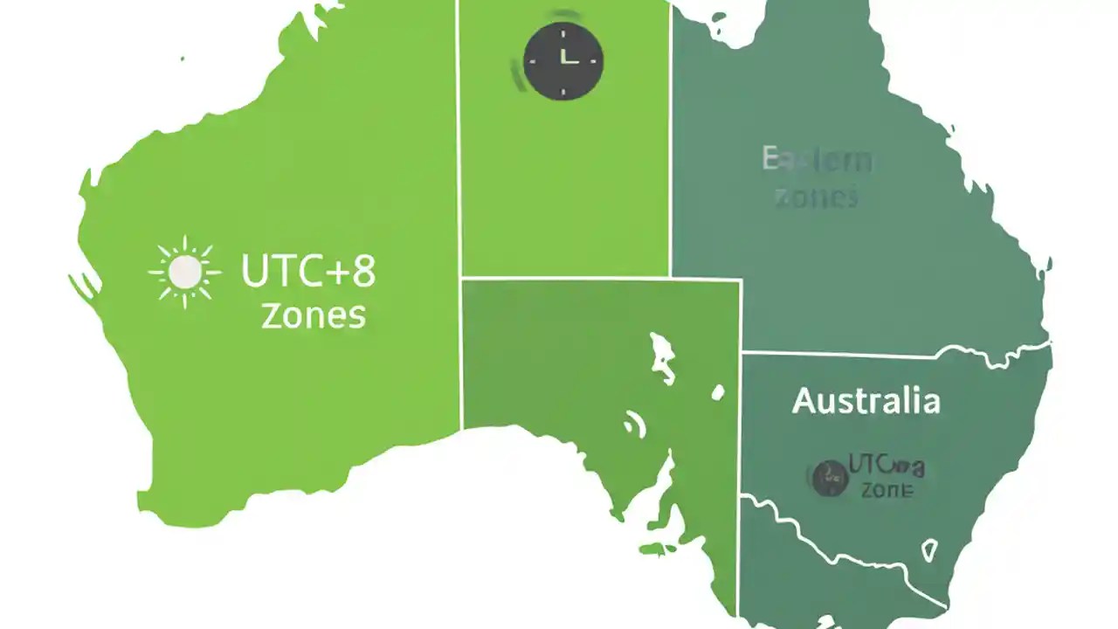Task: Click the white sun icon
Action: coord(184,272)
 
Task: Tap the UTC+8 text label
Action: coord(308,272)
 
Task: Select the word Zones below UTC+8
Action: coord(313,315)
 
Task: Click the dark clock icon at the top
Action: coord(563,60)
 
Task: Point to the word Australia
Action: coord(866,401)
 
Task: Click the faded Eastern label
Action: coord(817,161)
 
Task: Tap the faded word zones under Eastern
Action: coord(817,197)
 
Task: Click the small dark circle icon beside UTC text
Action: coord(829,479)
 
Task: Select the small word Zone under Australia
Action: coord(887,490)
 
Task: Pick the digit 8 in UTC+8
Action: coord(362,272)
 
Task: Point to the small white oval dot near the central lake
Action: coord(718,393)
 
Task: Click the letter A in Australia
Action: coord(804,402)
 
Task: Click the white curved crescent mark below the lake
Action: coord(636,425)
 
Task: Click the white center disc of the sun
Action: coord(184,272)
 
